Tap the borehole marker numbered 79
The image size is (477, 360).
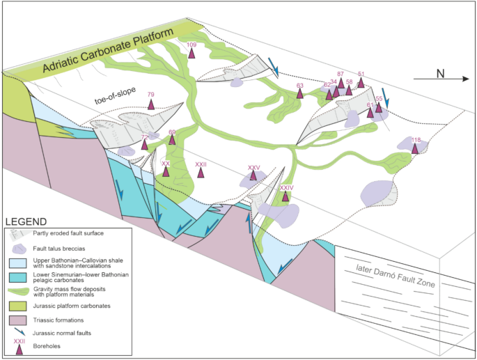click(151, 104)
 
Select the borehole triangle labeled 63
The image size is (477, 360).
click(300, 94)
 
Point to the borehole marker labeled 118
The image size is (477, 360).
click(415, 149)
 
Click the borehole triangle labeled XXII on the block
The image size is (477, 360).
click(201, 173)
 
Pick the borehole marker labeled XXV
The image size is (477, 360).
click(253, 177)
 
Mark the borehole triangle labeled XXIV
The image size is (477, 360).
click(286, 196)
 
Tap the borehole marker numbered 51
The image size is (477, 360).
click(361, 82)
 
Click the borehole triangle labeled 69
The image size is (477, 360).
click(172, 140)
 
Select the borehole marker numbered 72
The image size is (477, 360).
click(145, 146)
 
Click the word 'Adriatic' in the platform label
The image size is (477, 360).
click(67, 66)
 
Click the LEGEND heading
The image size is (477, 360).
click(29, 221)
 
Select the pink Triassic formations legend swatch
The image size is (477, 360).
click(20, 319)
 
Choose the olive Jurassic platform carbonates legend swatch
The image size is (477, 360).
click(20, 304)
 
